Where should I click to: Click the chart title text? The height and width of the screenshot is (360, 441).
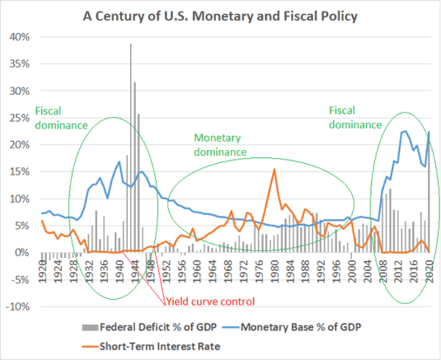[x=220, y=12]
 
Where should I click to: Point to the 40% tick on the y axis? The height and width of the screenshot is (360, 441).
[x=21, y=37]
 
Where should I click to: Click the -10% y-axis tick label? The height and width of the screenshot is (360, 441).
[x=19, y=306]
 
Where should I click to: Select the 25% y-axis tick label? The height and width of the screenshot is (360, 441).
[x=21, y=118]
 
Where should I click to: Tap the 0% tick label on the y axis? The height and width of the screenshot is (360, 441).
[x=24, y=253]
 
